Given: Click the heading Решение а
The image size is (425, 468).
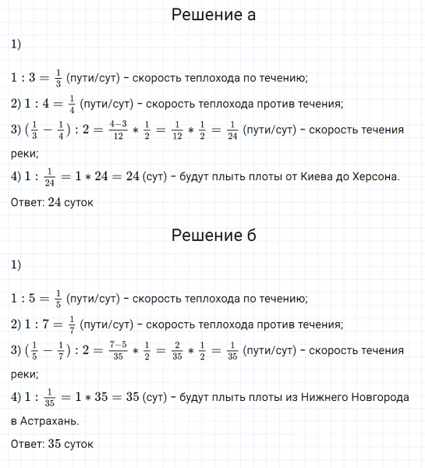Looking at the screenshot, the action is point(212,15).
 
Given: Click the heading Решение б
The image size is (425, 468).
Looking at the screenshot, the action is point(212,235).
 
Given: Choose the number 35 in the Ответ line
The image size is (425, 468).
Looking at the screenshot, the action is point(56,444).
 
